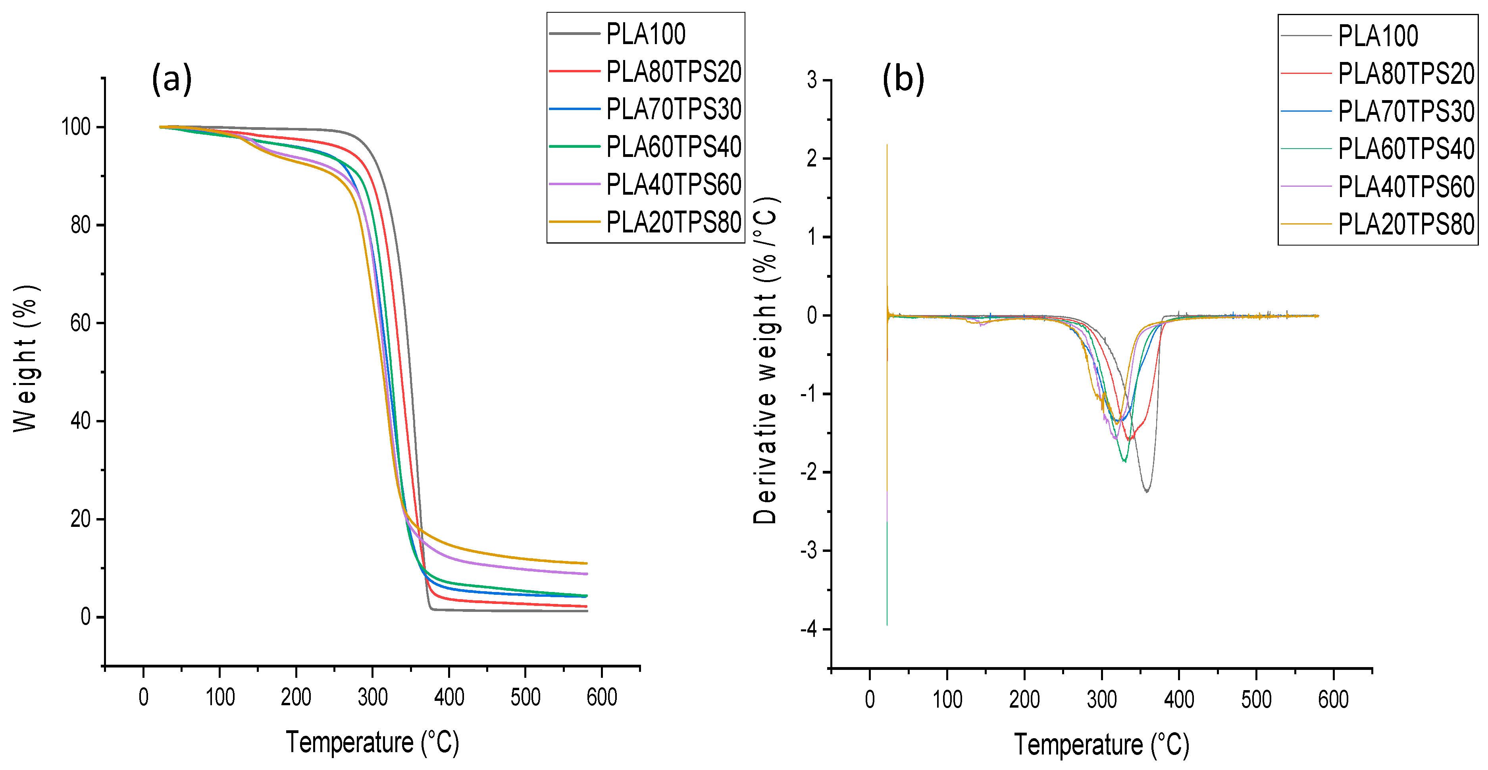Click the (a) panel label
click(171, 79)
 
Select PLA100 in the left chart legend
click(646, 34)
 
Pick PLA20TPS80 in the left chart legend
click(674, 222)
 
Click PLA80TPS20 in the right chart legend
click(1406, 74)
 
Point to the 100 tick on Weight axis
click(76, 127)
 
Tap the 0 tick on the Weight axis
click(85, 617)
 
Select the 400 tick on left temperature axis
click(449, 697)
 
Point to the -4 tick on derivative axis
click(809, 629)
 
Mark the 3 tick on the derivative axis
click(812, 80)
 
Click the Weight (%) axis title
click(25, 358)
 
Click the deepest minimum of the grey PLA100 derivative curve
click(1147, 491)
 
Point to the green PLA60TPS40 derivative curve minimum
click(1124, 461)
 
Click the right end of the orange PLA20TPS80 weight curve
click(586, 563)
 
